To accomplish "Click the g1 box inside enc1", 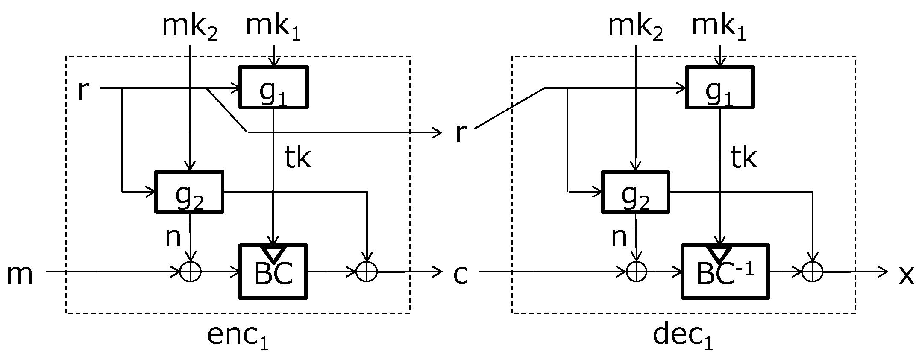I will (273, 87).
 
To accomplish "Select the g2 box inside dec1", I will (635, 192).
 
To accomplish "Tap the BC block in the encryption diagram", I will (273, 271).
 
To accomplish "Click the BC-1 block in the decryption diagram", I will (725, 271).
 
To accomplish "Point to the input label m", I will (20, 274).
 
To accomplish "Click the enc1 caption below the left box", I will (238, 337).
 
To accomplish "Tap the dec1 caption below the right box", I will (683, 337).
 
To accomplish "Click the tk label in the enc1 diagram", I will (297, 158).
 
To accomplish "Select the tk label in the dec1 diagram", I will (743, 158).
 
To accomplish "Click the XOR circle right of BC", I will (367, 271).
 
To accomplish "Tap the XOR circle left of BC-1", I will (636, 271).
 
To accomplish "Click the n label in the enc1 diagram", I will (173, 237).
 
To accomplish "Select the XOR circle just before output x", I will (812, 271).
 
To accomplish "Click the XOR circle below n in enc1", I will (190, 271).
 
